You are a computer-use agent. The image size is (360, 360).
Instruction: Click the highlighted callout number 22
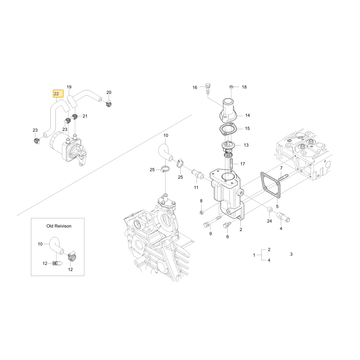coord(56,94)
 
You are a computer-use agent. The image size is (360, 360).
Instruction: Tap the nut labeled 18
coord(231,87)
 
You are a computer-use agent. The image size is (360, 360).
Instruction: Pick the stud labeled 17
coord(231,163)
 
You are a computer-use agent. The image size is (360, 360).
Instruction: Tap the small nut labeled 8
coord(201,212)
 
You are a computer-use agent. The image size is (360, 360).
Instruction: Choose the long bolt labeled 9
coord(212,221)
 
